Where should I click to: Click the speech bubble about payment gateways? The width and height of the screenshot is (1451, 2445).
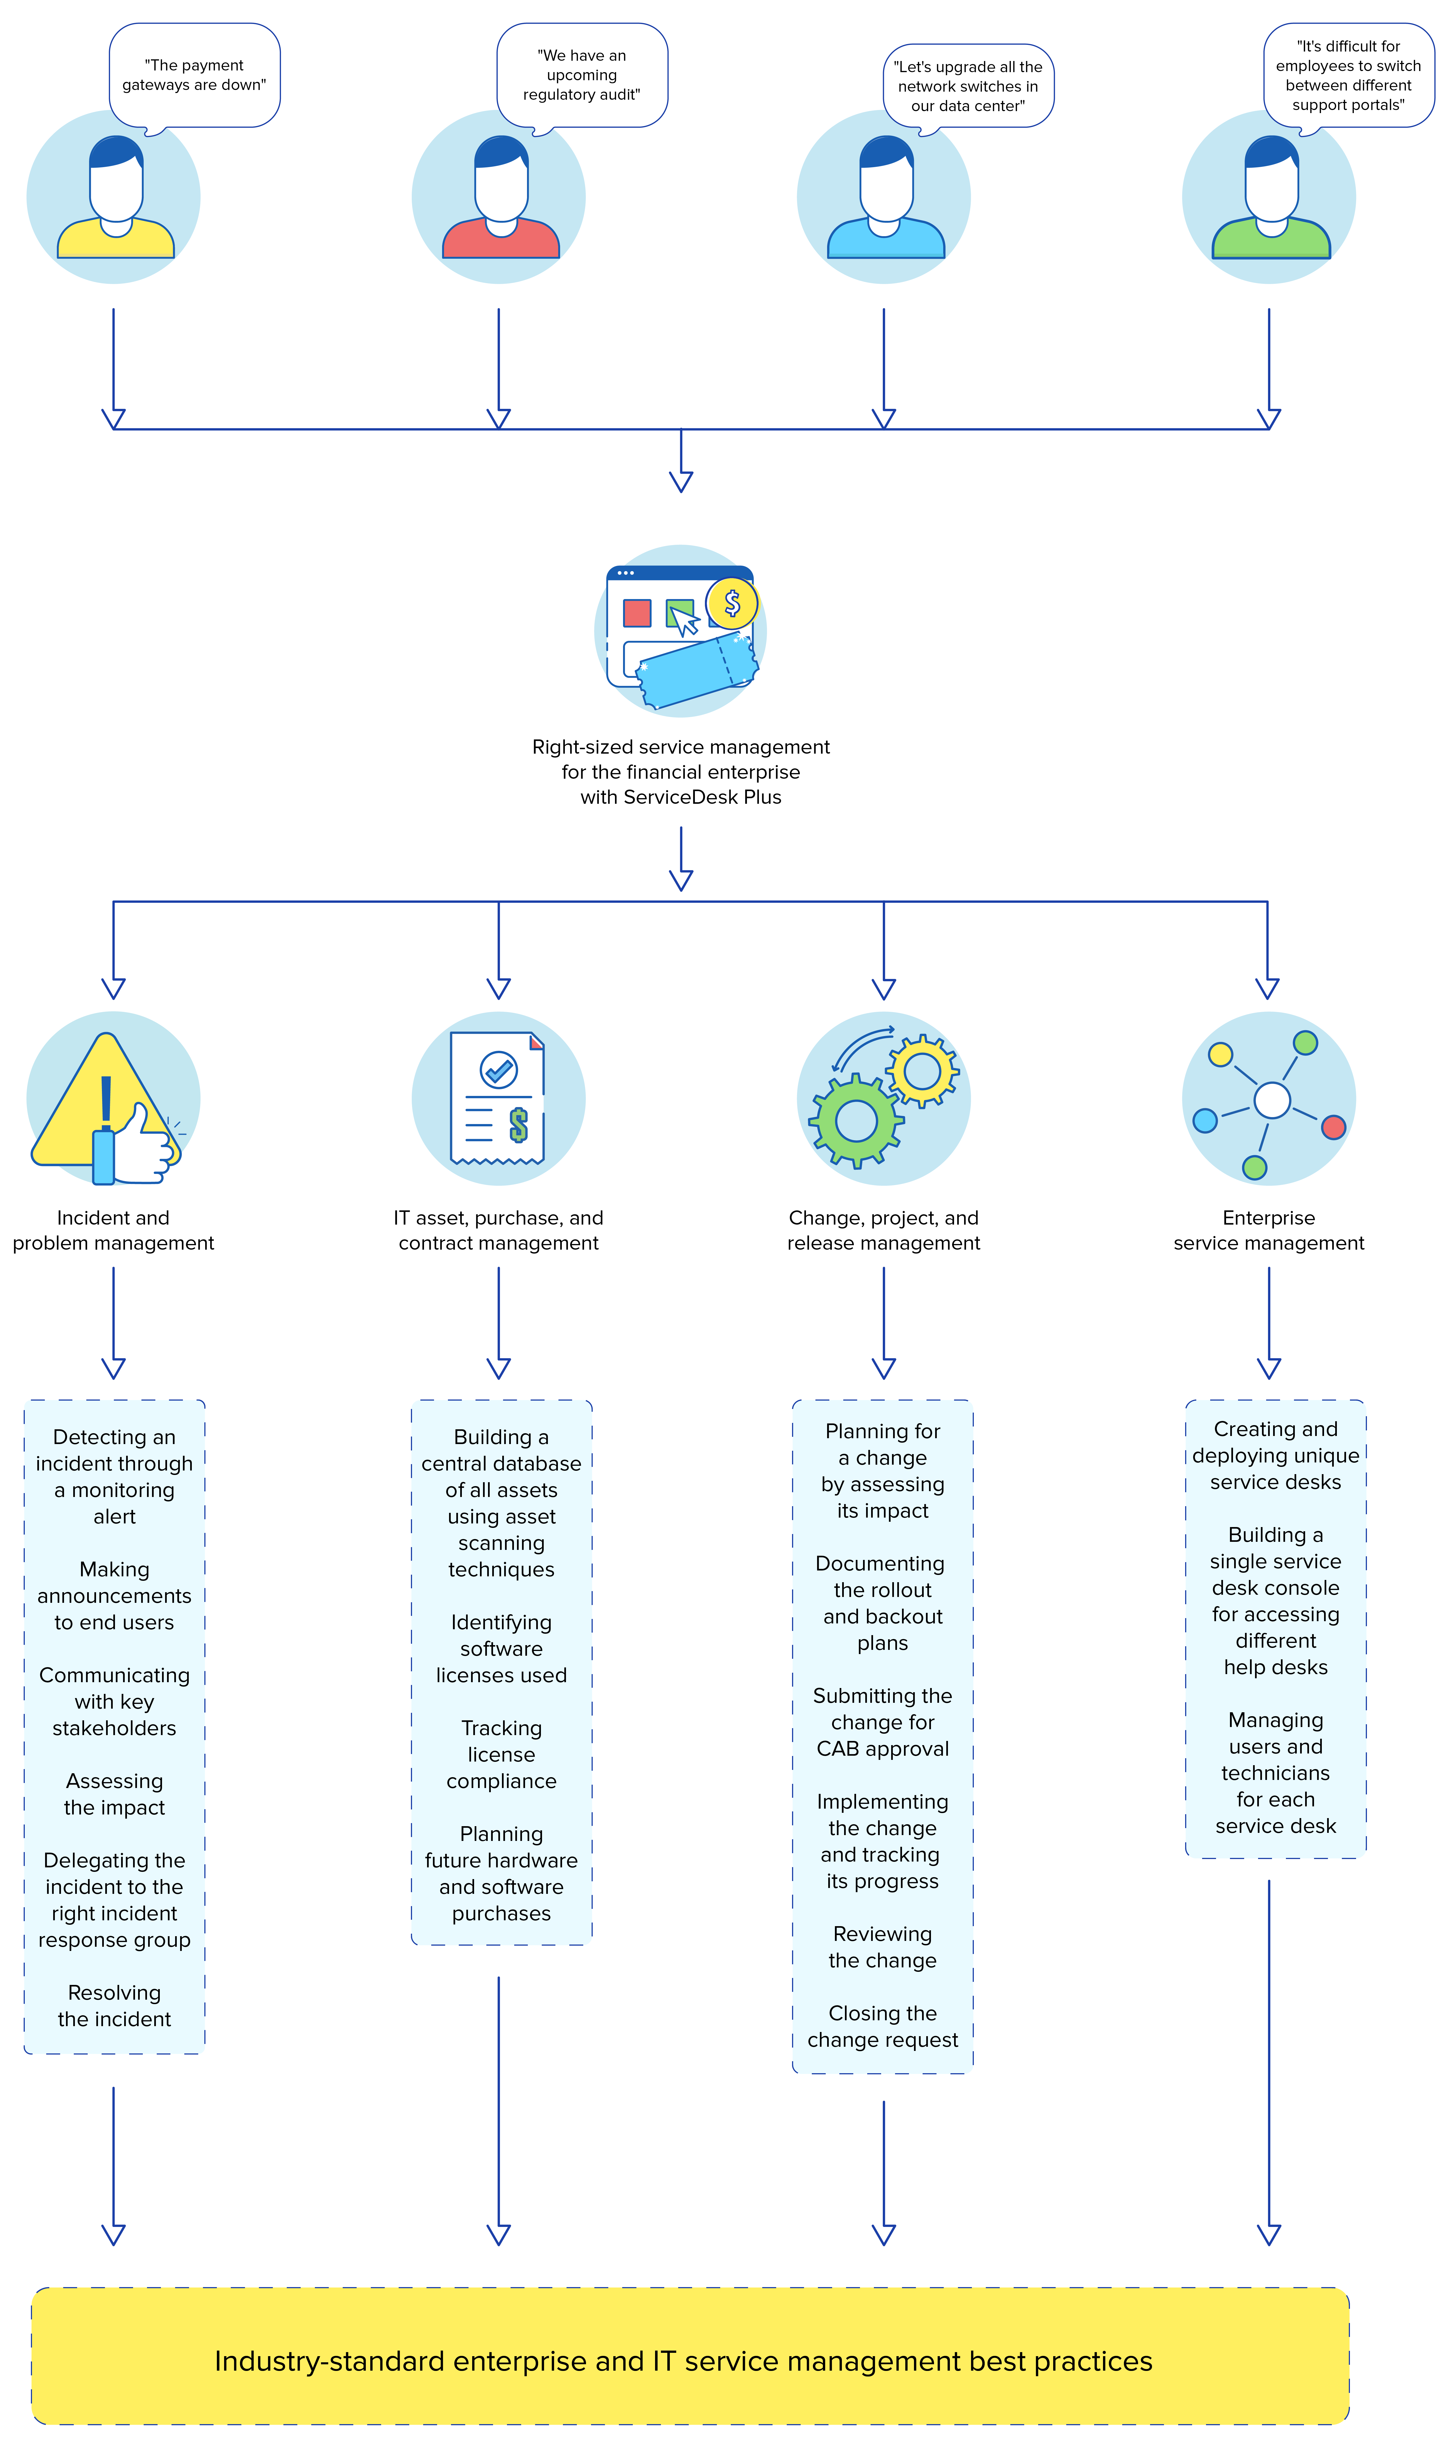195,75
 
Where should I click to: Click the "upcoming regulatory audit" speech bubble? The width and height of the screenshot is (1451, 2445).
582,75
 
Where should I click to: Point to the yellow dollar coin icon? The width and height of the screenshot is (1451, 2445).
731,604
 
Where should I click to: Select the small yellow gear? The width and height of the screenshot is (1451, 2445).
922,1071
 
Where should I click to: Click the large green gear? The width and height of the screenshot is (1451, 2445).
857,1121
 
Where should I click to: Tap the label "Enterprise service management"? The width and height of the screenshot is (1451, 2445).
1268,1230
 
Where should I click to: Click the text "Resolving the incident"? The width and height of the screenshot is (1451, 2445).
114,2006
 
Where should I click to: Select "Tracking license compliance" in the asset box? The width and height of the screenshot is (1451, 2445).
502,1755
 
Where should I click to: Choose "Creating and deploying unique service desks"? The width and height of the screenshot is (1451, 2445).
1275,1455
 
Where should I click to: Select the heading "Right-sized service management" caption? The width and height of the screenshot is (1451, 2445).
680,772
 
